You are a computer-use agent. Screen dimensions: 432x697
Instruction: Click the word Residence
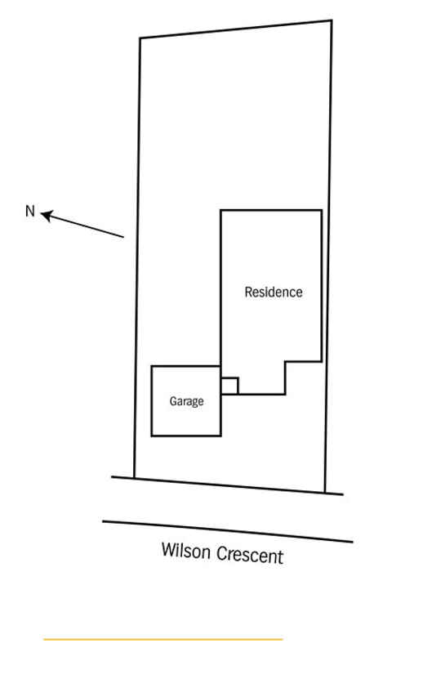coord(274,292)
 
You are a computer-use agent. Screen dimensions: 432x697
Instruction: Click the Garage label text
coord(187,401)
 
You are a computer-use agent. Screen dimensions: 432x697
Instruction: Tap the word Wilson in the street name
coord(185,551)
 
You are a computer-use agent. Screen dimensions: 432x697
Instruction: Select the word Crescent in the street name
coord(250,555)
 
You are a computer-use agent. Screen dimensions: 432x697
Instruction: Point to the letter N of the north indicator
coord(29,211)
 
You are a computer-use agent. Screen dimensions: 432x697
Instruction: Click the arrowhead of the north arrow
coord(47,216)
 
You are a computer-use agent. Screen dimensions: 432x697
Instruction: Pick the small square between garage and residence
coord(229,386)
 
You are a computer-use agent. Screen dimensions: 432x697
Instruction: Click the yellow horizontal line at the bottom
coord(163,639)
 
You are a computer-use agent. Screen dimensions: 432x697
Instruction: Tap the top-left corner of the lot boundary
coord(140,38)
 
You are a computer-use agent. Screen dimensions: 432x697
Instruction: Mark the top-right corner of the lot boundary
coord(331,20)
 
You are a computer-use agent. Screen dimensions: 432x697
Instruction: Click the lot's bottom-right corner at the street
coord(325,492)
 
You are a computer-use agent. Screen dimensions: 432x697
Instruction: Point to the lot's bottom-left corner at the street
coord(134,478)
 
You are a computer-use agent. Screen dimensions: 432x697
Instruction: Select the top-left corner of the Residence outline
coord(220,210)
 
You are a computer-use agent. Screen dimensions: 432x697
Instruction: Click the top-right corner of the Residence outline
coord(322,210)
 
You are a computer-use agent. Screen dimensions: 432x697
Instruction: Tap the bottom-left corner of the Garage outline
coord(152,436)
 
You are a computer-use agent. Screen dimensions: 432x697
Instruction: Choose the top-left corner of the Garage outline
coord(152,366)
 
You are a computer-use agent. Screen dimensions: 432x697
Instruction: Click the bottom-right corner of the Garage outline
coord(220,436)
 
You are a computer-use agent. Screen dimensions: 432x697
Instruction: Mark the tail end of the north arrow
coord(123,237)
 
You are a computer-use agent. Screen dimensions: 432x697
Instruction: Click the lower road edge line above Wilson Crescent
coord(228,532)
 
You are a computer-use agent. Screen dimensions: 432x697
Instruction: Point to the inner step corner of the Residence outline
coord(285,361)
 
